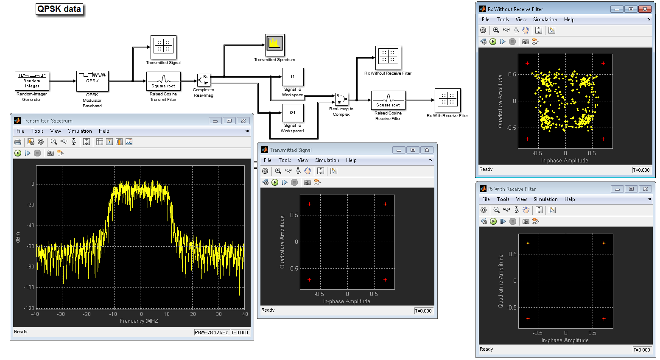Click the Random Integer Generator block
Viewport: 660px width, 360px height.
click(32, 81)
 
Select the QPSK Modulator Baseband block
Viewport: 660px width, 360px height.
click(92, 81)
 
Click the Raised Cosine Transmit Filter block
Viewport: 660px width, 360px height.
click(163, 81)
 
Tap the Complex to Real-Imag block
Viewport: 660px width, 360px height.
click(204, 80)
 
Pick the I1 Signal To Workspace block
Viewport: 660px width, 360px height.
click(293, 77)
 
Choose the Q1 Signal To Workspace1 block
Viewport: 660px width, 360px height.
click(293, 113)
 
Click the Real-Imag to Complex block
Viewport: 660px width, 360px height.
click(341, 99)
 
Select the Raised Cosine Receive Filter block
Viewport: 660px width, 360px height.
click(388, 100)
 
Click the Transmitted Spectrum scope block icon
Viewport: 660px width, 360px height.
click(275, 45)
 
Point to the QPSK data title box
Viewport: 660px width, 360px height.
click(59, 9)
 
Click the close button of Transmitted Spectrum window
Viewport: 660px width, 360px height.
click(243, 120)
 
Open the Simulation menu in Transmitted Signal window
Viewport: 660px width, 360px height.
click(327, 160)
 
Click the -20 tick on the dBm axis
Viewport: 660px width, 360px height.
click(31, 205)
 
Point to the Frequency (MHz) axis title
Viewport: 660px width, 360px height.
click(139, 321)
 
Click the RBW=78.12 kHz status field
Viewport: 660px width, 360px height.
click(211, 332)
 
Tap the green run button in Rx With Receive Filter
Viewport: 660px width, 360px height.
click(493, 221)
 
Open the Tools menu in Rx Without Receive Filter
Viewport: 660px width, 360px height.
click(503, 20)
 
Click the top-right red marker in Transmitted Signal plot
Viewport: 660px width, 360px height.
click(386, 204)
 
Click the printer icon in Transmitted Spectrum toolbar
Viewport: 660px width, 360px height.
click(18, 142)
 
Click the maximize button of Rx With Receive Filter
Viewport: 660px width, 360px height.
click(631, 189)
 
